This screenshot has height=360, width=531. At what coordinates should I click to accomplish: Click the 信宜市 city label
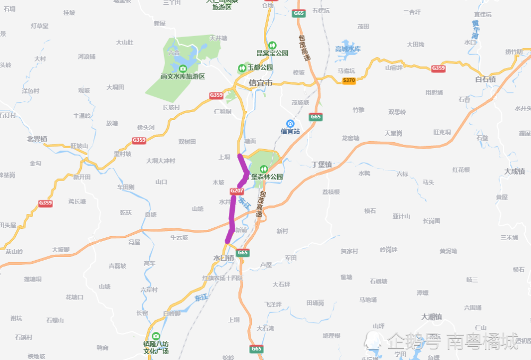pos(260,83)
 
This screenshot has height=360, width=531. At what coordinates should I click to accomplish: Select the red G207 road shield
pos(237,191)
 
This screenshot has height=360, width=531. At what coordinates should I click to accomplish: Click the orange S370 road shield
pos(349,80)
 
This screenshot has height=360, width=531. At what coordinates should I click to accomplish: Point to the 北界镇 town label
pos(37,139)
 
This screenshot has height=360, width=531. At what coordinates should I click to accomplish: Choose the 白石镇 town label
pos(485,79)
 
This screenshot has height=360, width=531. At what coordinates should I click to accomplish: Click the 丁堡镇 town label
pos(321,165)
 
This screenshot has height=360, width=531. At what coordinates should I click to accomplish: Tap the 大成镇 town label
pos(514,171)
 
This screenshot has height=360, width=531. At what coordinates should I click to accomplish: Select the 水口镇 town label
pos(224,258)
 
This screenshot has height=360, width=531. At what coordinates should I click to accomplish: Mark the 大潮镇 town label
pos(431,316)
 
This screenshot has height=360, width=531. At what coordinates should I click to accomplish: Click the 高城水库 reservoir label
pos(348,49)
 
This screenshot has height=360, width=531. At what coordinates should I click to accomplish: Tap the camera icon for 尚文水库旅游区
pos(183,68)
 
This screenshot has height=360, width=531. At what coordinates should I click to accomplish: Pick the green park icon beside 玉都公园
pos(242,67)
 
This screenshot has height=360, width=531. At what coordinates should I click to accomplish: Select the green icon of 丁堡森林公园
pos(260,168)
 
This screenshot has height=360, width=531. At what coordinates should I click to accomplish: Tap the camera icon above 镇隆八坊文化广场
pos(156,336)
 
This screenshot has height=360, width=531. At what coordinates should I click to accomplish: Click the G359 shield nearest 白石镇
pos(438,68)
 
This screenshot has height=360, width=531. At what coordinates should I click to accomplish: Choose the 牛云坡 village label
pos(179,237)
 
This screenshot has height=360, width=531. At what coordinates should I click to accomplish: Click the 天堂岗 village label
pos(393,132)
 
